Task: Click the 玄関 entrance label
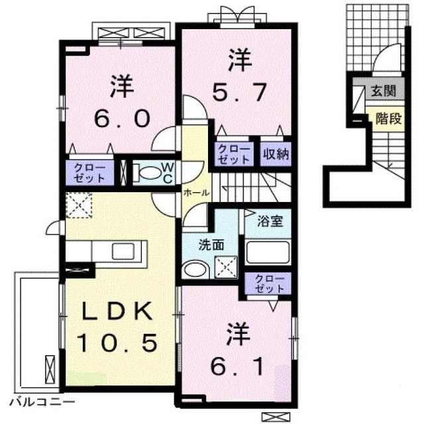coord(383,91)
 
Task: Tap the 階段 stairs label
coord(388,118)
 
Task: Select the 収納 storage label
coord(276,154)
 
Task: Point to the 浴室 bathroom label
coord(270,221)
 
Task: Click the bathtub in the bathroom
coord(268,252)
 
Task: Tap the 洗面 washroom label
coord(211,245)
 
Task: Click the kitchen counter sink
coord(123,251)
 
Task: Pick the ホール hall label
coord(197,193)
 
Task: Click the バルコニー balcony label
coord(42,402)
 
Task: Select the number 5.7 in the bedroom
coord(240,92)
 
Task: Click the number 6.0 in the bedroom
coord(122,119)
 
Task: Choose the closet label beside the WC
coord(90,173)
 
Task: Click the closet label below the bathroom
coord(270,283)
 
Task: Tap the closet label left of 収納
coord(234,154)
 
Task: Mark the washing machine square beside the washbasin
coord(226,267)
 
